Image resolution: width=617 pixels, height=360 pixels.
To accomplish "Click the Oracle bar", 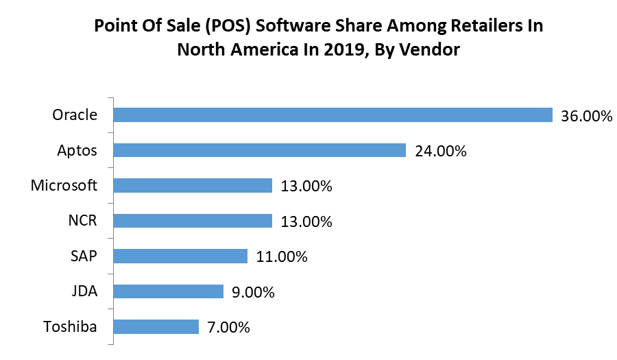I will click(x=332, y=115).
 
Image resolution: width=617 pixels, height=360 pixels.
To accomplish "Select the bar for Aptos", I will click(x=259, y=150).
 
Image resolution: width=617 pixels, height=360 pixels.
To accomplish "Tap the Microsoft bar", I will click(x=193, y=185).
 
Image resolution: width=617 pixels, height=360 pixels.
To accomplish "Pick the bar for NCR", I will click(x=193, y=221).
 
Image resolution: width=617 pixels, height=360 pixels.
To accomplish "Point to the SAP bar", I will click(x=180, y=256).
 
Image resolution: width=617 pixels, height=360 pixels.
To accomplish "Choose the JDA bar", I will click(x=168, y=291).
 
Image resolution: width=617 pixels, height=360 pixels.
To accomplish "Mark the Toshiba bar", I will click(x=156, y=326).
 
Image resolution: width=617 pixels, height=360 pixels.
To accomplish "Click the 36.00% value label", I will click(x=586, y=116).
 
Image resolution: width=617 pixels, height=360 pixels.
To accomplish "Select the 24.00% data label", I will click(x=440, y=151).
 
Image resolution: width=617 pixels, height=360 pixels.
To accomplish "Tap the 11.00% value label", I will click(x=281, y=257).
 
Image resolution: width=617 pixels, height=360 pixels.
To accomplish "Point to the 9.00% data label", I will click(x=253, y=293).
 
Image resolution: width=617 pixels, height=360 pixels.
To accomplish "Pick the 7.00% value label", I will click(x=228, y=328).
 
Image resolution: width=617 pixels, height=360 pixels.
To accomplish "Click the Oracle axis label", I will click(x=75, y=115).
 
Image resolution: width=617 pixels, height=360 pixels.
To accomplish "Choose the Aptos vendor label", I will click(x=77, y=150).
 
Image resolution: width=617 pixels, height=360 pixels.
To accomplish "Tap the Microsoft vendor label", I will click(x=64, y=185).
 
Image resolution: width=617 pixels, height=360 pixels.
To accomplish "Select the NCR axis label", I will click(x=83, y=221).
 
